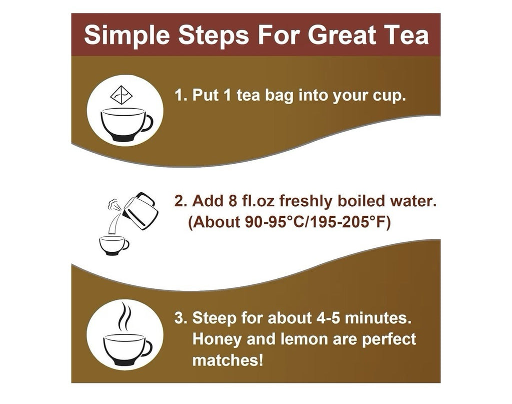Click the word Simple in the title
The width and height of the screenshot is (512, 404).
[x=126, y=36]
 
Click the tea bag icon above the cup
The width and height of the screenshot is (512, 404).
[x=121, y=95]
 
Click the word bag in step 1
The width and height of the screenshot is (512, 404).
[x=279, y=96]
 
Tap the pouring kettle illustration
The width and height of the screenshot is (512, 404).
[x=140, y=211]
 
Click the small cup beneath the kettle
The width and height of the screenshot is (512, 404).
[x=114, y=245]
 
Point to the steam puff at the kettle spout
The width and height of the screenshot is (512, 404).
[x=113, y=204]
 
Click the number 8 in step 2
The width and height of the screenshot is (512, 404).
[x=233, y=201]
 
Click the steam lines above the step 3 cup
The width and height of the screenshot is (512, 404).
[x=124, y=316]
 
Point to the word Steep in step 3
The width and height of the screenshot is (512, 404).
[x=214, y=318]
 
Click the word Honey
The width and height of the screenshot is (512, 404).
[x=216, y=339]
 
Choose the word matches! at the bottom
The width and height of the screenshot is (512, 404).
[x=227, y=360]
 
